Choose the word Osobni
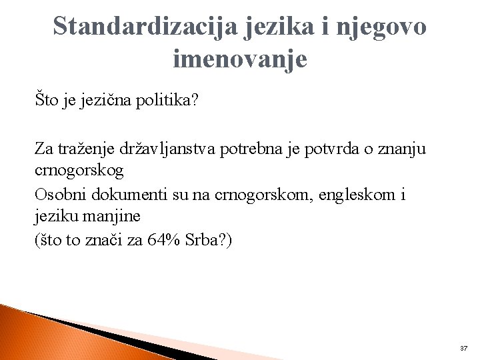[59, 194]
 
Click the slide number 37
[464, 348]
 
